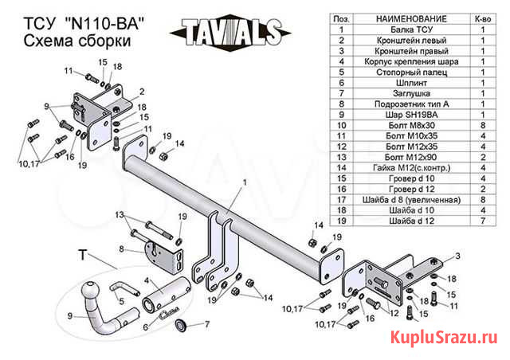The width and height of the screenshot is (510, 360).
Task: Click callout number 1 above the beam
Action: pos(245,182)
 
